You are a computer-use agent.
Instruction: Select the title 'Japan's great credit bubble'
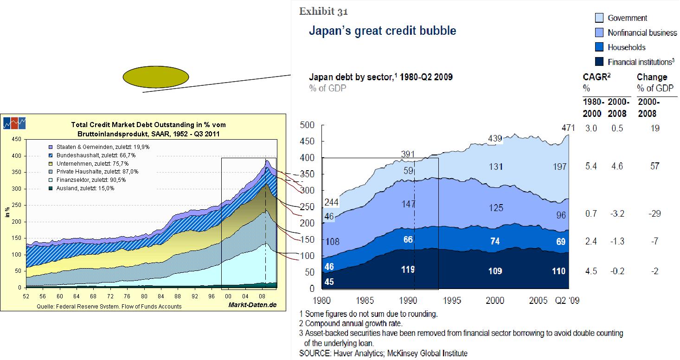tap(383, 31)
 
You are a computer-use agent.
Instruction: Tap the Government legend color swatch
tap(599, 18)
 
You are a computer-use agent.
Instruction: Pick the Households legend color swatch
tap(599, 47)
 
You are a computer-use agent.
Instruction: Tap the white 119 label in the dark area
tap(408, 269)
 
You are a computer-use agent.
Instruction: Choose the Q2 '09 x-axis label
tap(566, 300)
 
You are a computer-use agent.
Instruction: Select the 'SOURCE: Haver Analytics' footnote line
tap(384, 354)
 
